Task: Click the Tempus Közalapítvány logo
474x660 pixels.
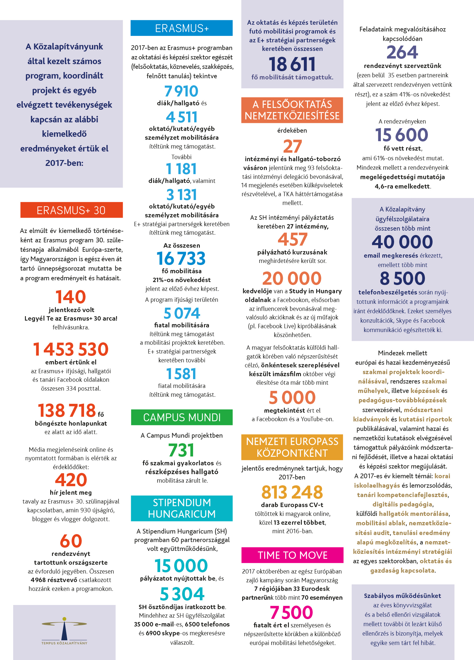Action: click(64, 631)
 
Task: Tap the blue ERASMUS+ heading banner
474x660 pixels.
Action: click(182, 28)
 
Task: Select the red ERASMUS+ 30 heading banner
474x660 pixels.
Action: click(71, 210)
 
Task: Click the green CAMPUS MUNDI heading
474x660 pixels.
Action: click(182, 417)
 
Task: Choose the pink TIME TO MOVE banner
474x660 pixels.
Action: click(292, 555)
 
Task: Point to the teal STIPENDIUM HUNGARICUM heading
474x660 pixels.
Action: click(182, 508)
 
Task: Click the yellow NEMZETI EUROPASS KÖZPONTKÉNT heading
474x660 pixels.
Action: click(292, 447)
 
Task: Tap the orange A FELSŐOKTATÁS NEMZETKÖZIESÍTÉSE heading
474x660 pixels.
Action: click(292, 110)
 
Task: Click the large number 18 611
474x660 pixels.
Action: click(292, 64)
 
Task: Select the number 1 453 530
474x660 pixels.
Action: click(71, 349)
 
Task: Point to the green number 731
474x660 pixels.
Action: click(181, 450)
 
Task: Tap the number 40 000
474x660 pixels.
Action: click(402, 242)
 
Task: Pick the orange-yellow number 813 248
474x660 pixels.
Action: click(292, 492)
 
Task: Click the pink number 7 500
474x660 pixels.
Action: click(292, 612)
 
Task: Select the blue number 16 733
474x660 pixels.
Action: click(181, 258)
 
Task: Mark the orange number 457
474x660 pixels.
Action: click(292, 239)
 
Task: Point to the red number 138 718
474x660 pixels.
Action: click(67, 410)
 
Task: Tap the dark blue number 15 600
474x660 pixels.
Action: click(402, 135)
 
